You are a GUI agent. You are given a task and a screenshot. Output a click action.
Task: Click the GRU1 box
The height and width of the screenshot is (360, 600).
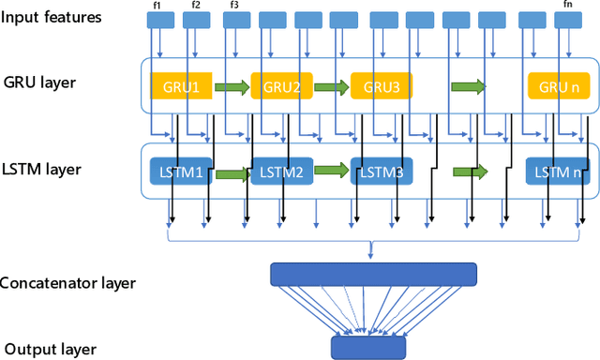click(x=181, y=86)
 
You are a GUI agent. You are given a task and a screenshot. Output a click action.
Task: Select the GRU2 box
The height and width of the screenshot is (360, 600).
click(x=281, y=86)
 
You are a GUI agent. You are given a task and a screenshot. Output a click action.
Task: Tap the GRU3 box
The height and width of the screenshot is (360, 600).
click(x=382, y=86)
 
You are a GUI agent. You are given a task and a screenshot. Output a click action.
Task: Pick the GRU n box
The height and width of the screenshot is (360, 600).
click(x=559, y=86)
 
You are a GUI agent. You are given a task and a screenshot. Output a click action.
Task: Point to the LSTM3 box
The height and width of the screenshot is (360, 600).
click(x=382, y=172)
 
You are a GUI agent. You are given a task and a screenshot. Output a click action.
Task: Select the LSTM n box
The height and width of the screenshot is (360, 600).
click(x=557, y=172)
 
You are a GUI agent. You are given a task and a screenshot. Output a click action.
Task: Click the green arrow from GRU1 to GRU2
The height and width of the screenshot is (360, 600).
click(x=232, y=87)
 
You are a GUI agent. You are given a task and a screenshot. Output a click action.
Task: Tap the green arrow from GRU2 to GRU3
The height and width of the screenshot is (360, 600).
click(x=331, y=87)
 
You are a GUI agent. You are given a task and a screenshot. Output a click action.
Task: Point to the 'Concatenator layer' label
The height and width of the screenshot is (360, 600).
click(x=67, y=283)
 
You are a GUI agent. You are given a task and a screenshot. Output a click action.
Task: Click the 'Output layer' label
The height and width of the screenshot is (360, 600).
click(x=48, y=349)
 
